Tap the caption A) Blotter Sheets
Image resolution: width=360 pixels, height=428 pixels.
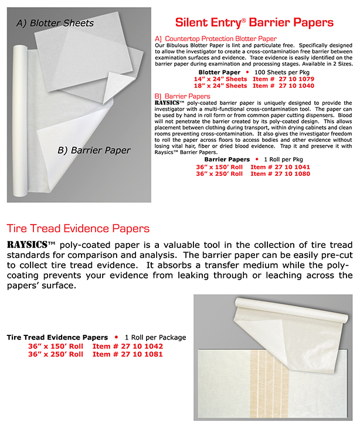click(x=55, y=23)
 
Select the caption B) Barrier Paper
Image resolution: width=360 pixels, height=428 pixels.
click(x=94, y=150)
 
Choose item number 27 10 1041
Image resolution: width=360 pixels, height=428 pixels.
click(x=280, y=167)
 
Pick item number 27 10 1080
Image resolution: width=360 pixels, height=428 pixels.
click(x=280, y=174)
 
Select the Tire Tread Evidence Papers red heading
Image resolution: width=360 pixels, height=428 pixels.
click(x=77, y=228)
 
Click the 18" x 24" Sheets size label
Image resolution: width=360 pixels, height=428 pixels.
click(x=220, y=86)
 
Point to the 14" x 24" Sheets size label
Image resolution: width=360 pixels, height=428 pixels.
click(x=220, y=78)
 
